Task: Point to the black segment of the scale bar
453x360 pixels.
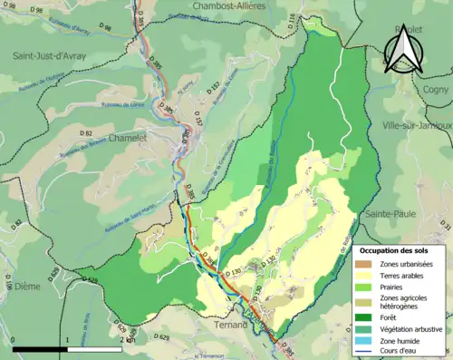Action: [40, 350]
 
